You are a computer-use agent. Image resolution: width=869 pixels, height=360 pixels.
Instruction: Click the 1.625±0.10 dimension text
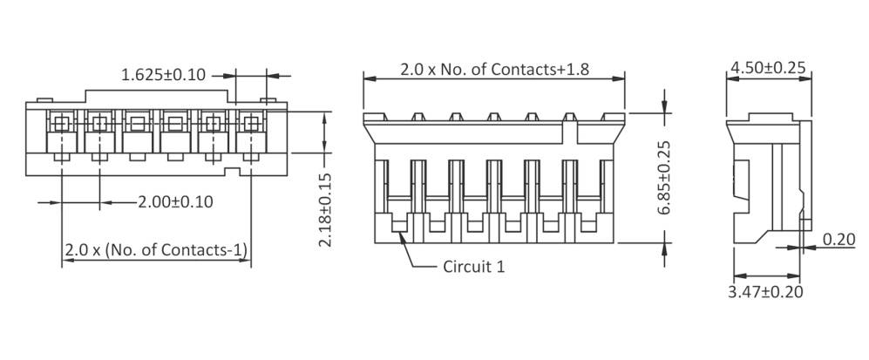pos(163,75)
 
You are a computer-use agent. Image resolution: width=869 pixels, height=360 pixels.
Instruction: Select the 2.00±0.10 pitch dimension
pos(176,201)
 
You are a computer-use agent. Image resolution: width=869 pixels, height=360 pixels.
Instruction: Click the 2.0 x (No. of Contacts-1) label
pos(155,250)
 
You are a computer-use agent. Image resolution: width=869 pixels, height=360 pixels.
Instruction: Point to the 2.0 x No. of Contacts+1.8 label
pos(495,70)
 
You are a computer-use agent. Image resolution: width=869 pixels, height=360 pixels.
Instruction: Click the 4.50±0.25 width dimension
pos(767,68)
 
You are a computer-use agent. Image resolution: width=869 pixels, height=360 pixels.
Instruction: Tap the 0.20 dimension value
pos(839,240)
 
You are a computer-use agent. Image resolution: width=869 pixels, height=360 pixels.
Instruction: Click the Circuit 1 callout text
pos(474,267)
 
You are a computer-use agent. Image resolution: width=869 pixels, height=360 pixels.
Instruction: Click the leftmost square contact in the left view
pos(59,122)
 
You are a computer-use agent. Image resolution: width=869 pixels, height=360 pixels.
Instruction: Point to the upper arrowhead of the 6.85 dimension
pos(667,108)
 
